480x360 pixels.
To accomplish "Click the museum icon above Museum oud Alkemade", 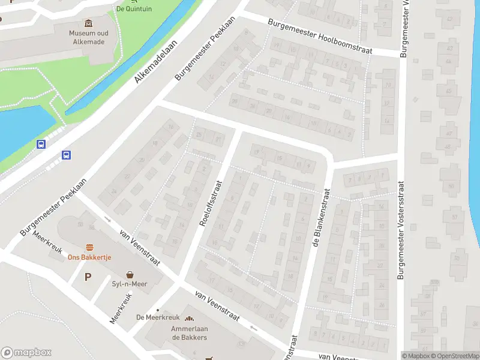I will (89, 23).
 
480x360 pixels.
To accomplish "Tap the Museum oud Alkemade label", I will (88, 37).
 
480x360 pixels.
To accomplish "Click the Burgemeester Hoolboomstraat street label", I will (320, 35).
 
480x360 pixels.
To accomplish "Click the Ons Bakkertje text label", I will (89, 257).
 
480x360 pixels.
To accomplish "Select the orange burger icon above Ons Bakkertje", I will (89, 247).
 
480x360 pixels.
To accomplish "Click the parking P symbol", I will (88, 277).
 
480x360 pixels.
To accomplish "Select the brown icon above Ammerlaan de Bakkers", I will (189, 319).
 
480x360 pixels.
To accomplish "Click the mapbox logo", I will (26, 353).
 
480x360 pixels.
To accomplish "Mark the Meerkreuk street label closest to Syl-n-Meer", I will (121, 308).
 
